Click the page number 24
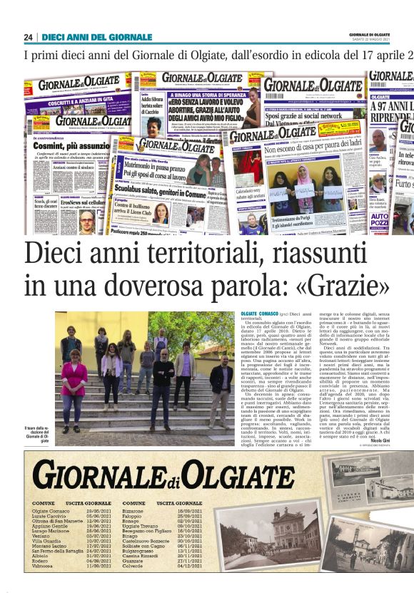pos(28,37)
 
